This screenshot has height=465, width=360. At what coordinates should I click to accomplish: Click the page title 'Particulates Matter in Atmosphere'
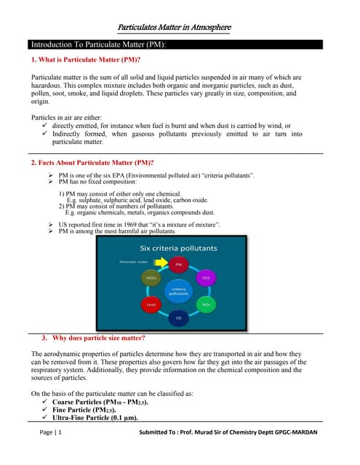[x=180, y=28]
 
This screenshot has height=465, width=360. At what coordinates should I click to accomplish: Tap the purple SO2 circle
[x=206, y=278]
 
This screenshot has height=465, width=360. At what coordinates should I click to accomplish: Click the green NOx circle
[x=206, y=304]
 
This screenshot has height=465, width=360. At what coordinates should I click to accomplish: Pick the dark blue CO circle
[x=179, y=318]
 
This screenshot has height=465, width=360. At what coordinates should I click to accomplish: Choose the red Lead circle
[x=152, y=304]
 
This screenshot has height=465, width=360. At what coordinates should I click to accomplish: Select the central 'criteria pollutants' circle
[x=179, y=291]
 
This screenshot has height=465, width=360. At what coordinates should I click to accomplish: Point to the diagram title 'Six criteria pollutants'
[x=179, y=248]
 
